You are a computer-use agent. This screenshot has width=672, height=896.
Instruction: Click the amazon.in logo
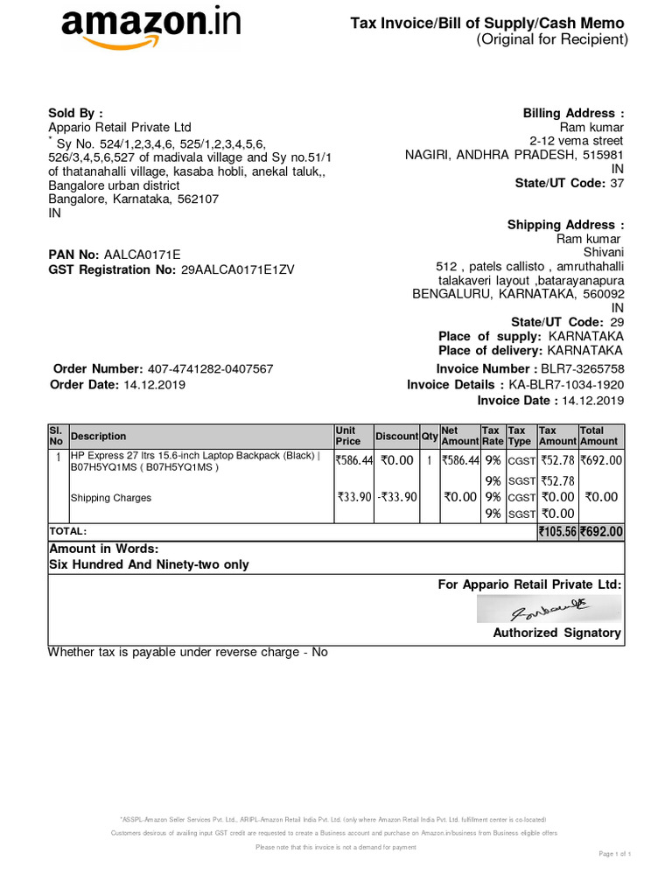point(150,28)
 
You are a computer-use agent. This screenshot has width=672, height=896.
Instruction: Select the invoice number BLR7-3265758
point(583,369)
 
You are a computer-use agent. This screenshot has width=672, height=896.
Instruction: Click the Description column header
point(98,437)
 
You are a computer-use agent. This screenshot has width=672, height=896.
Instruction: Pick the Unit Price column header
point(348,436)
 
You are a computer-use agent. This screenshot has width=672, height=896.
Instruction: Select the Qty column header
point(429,437)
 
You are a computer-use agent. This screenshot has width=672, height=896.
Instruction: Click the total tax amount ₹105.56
point(557,531)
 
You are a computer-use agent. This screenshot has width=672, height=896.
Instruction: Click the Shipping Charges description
point(111,498)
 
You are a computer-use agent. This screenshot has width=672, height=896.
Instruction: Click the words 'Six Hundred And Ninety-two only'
point(149,564)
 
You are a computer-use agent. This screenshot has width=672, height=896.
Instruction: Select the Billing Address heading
point(574,114)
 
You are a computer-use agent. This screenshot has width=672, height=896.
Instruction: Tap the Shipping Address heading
point(566,225)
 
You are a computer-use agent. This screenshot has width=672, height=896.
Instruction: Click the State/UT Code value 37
point(617,183)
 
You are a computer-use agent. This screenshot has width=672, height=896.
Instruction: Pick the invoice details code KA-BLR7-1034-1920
point(566,385)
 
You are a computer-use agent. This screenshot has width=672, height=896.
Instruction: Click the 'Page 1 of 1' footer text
point(615,853)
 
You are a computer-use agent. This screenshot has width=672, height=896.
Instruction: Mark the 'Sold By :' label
point(75,113)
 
